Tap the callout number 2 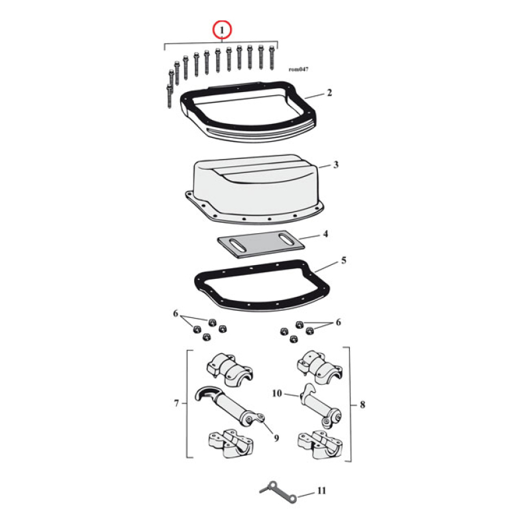[329, 93]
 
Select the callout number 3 [336, 164]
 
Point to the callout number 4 [325, 234]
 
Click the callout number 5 [343, 261]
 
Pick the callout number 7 [177, 403]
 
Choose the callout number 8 [361, 403]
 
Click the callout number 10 [277, 394]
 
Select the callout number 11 [321, 491]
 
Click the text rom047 [298, 69]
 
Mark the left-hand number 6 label [176, 313]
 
